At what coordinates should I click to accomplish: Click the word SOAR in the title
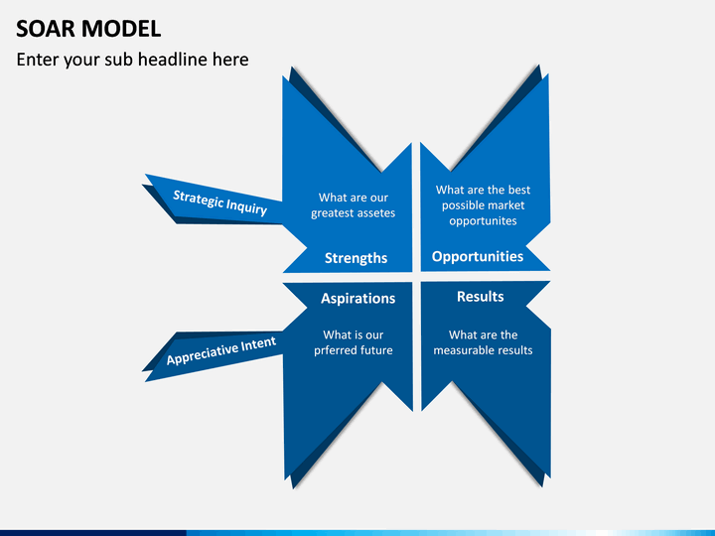tap(46, 29)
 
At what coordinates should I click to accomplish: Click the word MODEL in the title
tap(121, 29)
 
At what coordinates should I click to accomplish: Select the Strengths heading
tap(356, 258)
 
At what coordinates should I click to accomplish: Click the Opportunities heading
tap(478, 257)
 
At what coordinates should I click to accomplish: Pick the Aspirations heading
tap(357, 298)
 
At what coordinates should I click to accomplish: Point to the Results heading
tap(481, 296)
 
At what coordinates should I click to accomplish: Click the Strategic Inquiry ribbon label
tap(219, 202)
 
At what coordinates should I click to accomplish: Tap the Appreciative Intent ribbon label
tap(221, 350)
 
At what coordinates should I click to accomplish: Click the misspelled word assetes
tap(375, 213)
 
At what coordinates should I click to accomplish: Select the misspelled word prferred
tap(332, 350)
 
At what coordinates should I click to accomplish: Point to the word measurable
tap(462, 350)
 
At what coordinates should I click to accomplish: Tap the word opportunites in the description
tap(483, 221)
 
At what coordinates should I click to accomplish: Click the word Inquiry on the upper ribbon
tap(246, 206)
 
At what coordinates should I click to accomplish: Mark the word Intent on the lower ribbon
tap(258, 343)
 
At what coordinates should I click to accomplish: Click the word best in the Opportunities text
tap(519, 190)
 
